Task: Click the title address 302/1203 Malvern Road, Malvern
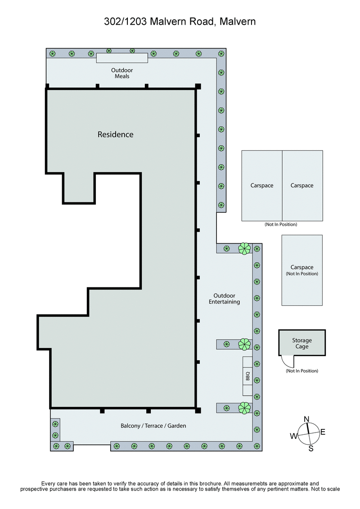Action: [x=180, y=21]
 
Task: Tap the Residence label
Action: [x=116, y=134]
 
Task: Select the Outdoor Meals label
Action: [x=122, y=73]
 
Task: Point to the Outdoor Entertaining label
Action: [x=224, y=299]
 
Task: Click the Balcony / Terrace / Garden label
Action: [x=153, y=425]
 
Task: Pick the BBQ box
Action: [x=247, y=376]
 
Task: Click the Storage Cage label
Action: [x=301, y=344]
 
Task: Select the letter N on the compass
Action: [x=307, y=419]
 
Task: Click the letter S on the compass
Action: [x=310, y=448]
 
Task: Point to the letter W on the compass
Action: [x=293, y=436]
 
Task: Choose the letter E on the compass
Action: [x=323, y=432]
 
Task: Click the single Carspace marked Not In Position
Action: [x=302, y=270]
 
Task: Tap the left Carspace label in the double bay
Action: [x=262, y=185]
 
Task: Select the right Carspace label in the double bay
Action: [x=302, y=185]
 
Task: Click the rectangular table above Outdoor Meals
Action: [x=122, y=58]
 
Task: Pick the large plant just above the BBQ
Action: [x=244, y=344]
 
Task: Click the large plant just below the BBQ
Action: [x=244, y=408]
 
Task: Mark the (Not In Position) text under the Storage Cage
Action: [x=302, y=371]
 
